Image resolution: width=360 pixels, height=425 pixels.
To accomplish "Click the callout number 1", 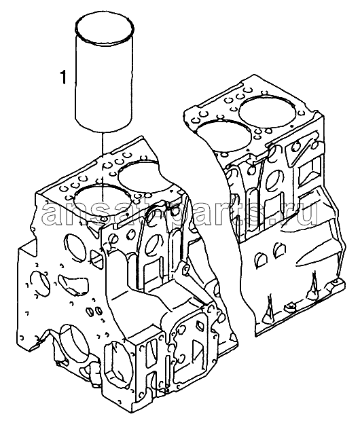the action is (x=62, y=77).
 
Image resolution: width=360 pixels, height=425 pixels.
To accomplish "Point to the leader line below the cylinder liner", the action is (x=103, y=166).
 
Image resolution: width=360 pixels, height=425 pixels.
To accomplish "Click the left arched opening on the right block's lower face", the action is (x=261, y=259).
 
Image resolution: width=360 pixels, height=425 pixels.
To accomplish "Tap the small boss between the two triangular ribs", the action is (x=289, y=307).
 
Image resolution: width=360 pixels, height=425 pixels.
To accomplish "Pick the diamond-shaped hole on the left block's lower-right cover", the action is (x=200, y=324).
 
